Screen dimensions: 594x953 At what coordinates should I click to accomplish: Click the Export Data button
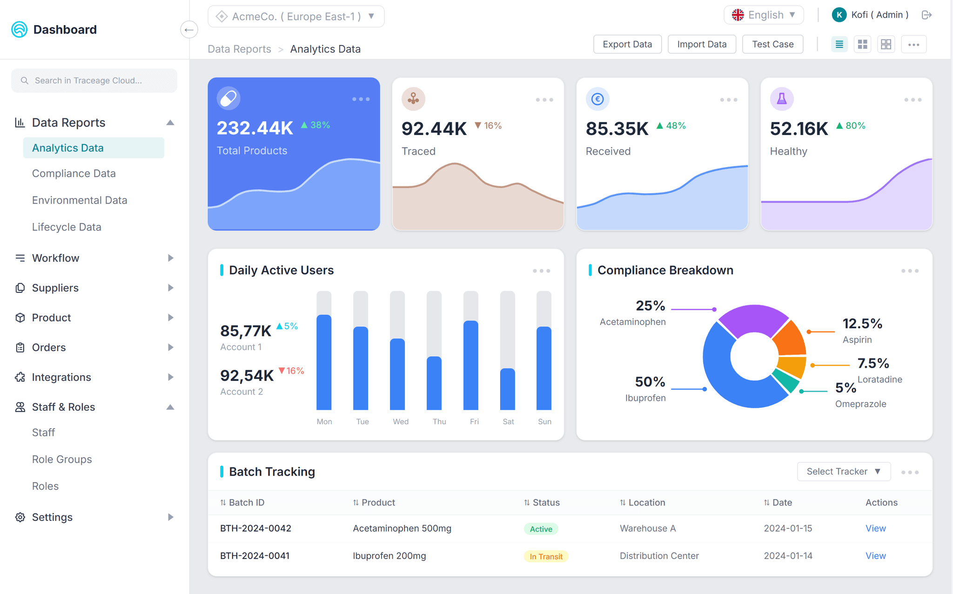click(x=627, y=44)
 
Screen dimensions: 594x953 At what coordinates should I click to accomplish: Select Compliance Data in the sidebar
click(x=74, y=174)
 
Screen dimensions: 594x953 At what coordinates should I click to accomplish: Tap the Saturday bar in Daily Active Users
click(x=507, y=389)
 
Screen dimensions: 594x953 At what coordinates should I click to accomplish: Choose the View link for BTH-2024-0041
click(x=875, y=556)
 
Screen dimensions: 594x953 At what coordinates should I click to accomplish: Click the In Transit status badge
click(x=546, y=556)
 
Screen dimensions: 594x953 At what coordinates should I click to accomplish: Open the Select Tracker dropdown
click(x=843, y=472)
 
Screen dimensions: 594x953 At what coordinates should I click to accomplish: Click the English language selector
click(x=764, y=15)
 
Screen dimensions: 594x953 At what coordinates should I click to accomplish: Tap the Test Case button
click(x=772, y=44)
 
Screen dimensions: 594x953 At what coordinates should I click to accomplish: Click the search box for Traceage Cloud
click(x=94, y=81)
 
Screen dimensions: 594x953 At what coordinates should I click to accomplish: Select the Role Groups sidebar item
click(x=62, y=459)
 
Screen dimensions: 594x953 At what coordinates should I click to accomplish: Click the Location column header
click(x=646, y=503)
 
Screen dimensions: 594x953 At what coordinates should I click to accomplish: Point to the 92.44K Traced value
click(x=434, y=129)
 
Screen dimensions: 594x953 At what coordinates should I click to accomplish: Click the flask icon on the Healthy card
click(x=782, y=99)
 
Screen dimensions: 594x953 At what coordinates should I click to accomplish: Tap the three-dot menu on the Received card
click(x=728, y=100)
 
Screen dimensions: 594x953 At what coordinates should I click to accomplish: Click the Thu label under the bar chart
click(x=439, y=422)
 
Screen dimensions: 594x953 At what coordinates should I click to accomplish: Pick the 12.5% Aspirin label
click(x=862, y=324)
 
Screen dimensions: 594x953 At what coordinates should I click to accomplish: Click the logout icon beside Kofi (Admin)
click(x=926, y=15)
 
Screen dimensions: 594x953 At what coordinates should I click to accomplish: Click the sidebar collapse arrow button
click(x=189, y=30)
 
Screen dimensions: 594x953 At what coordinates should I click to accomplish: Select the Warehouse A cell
click(x=647, y=528)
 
